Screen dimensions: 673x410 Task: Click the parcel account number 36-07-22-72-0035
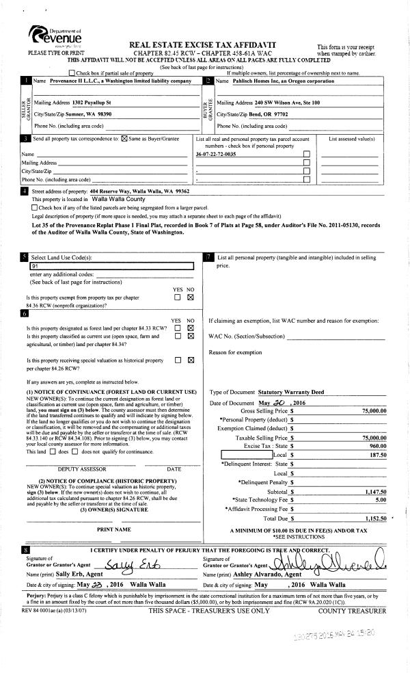pos(217,155)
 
